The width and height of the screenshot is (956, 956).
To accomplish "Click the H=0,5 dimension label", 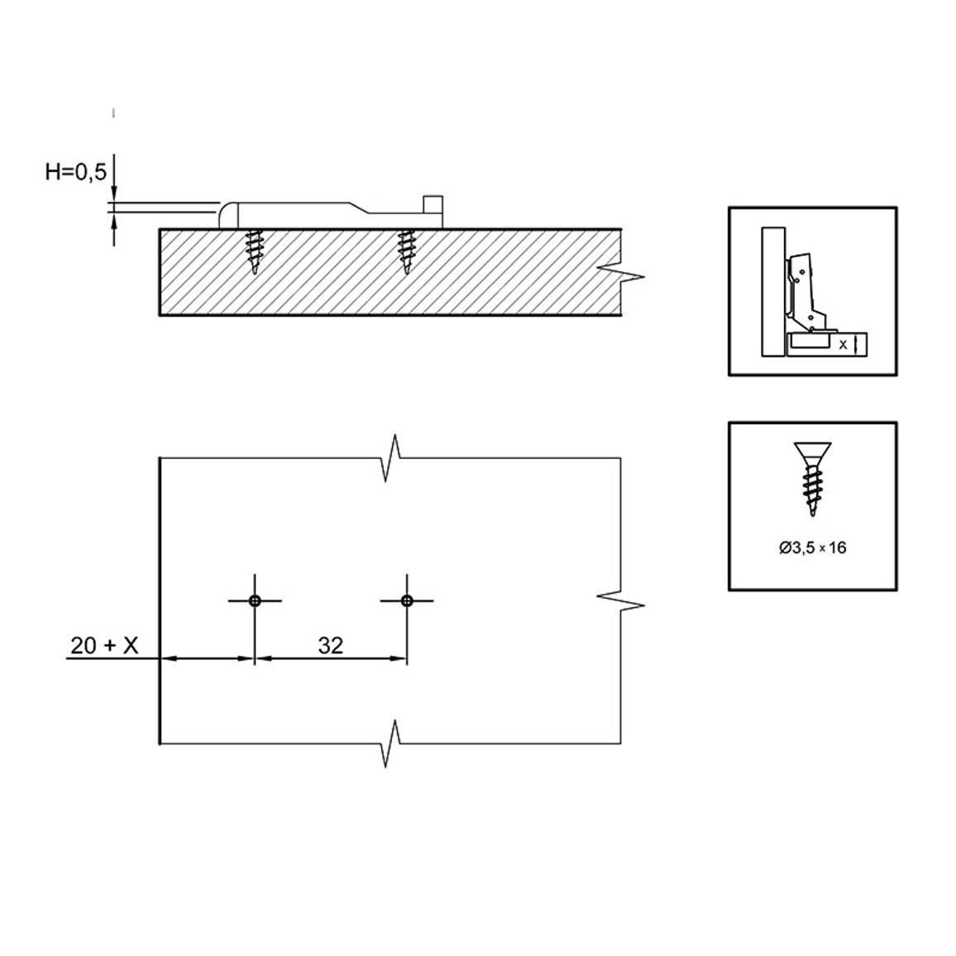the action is click(75, 172).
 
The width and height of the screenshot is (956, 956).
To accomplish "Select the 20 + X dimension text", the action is click(104, 644).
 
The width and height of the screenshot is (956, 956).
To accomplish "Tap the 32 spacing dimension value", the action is click(331, 644).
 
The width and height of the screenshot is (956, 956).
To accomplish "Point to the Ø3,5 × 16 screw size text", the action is click(813, 547).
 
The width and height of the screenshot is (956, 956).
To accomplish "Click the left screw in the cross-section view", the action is click(255, 251).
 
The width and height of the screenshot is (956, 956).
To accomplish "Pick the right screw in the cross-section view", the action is click(405, 251).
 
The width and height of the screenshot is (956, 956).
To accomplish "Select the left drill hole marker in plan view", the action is click(255, 601).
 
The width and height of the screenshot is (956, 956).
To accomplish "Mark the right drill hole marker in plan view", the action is click(407, 601).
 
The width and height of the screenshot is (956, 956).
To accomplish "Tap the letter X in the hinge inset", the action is click(844, 345).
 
